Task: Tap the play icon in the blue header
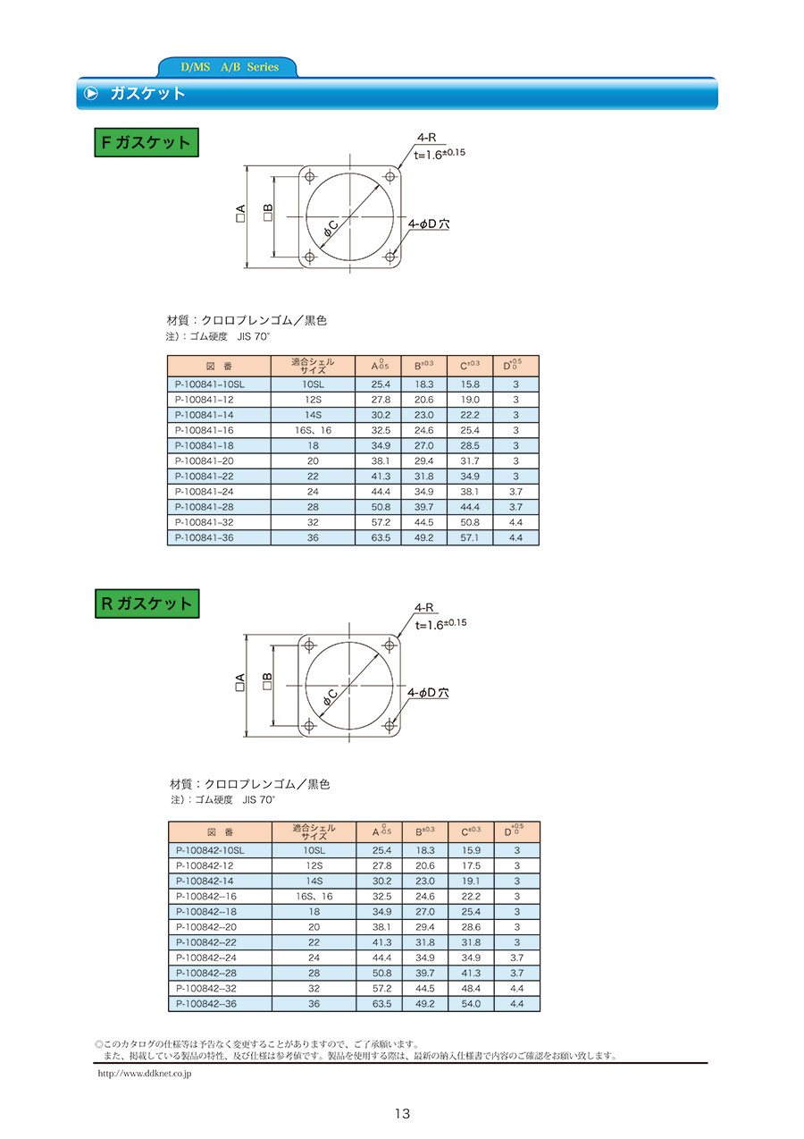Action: point(91,94)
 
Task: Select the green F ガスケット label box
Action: point(147,142)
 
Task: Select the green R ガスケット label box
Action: point(147,603)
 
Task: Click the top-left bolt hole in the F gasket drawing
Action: point(309,177)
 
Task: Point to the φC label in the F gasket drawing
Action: point(331,228)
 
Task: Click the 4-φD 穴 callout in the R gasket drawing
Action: point(429,693)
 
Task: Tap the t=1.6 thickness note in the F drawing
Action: point(440,154)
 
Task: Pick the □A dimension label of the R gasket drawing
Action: point(240,682)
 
